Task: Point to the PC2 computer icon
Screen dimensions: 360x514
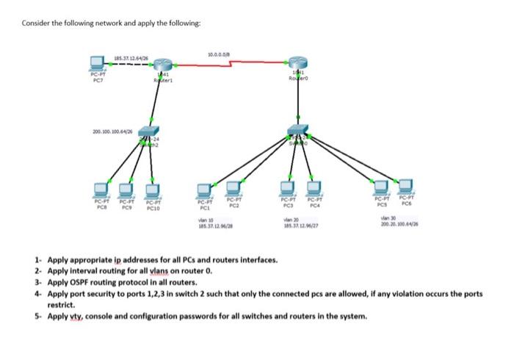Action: tap(234, 187)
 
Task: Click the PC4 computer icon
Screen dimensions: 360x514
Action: tap(316, 187)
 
